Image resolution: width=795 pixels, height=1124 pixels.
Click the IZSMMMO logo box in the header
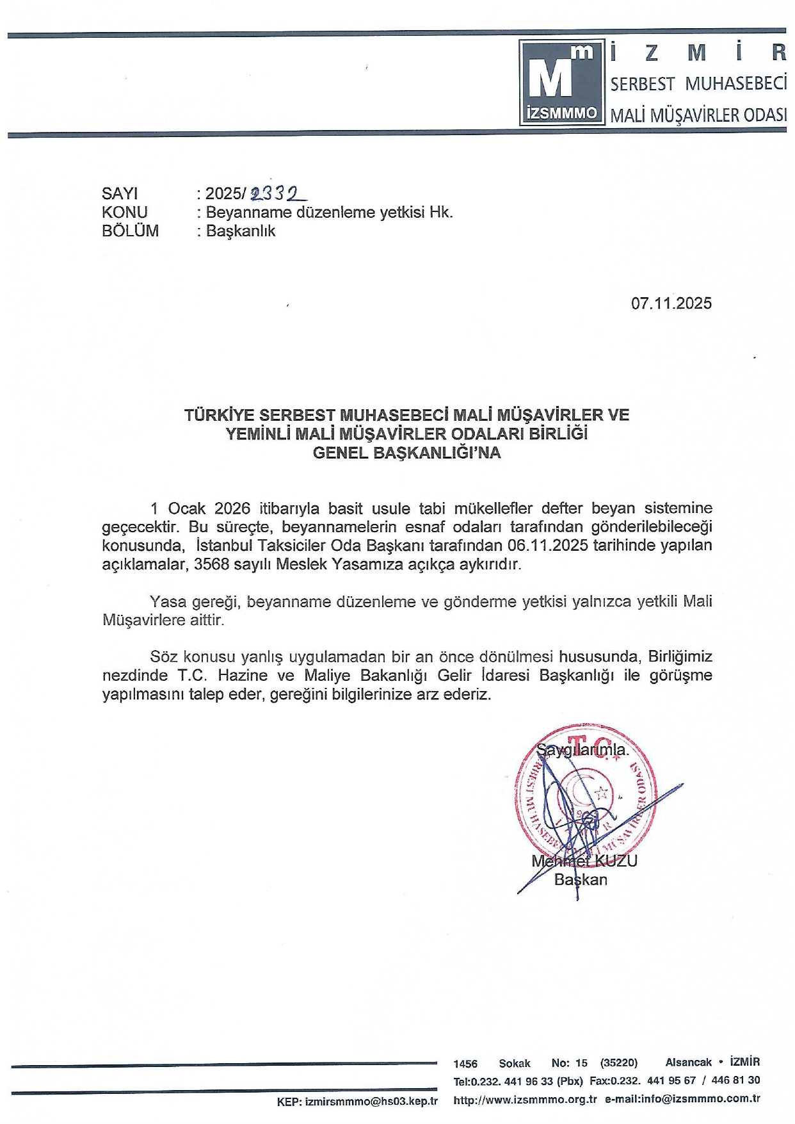(x=561, y=83)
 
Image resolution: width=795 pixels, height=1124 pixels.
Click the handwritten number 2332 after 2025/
(x=278, y=193)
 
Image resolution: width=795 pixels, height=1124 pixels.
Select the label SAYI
(x=120, y=193)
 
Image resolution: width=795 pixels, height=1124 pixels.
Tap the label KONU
(x=124, y=212)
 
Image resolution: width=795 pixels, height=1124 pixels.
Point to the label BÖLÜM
(x=130, y=231)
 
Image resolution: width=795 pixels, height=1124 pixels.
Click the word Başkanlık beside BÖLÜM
(x=240, y=231)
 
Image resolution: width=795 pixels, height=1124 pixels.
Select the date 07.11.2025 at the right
(x=671, y=303)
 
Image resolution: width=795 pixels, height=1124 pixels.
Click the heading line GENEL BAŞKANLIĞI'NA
(x=406, y=453)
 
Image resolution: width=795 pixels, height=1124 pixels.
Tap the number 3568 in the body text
(x=211, y=564)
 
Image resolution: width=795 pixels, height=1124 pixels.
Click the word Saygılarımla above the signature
(x=582, y=749)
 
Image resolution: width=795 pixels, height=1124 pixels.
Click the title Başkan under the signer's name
(x=581, y=879)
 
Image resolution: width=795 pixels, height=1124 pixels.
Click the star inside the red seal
(x=602, y=793)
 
